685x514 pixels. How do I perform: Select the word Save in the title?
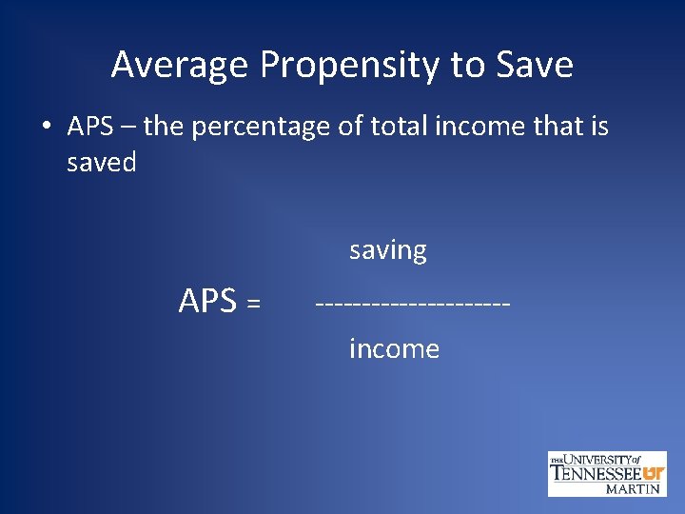[x=536, y=66]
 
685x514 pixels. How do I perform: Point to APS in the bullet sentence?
[x=90, y=127]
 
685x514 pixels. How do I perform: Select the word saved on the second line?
[x=102, y=162]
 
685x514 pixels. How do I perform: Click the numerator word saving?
[x=388, y=251]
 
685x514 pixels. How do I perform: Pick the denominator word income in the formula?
[x=394, y=349]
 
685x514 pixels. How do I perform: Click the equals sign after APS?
[x=253, y=304]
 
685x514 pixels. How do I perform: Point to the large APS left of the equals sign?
[x=207, y=301]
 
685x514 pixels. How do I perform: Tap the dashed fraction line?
[x=413, y=303]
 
